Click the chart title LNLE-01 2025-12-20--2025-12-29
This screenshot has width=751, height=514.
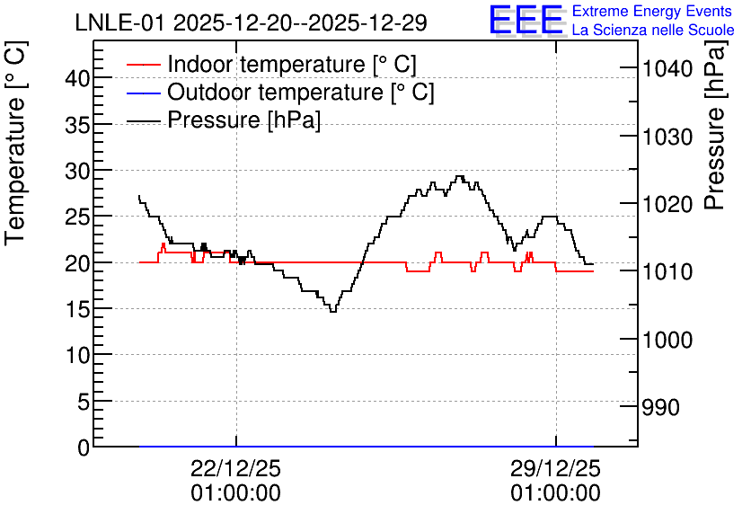[x=251, y=22]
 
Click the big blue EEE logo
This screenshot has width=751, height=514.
[x=526, y=20]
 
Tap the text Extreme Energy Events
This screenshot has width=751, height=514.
[x=652, y=11]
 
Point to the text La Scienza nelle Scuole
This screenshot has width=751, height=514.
[x=653, y=30]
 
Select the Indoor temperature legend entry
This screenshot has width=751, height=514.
[x=271, y=64]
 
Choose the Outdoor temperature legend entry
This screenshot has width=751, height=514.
[x=280, y=92]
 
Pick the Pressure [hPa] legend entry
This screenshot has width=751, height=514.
[x=223, y=120]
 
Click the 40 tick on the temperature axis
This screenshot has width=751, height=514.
[x=77, y=78]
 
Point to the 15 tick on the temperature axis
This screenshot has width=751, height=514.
[x=77, y=309]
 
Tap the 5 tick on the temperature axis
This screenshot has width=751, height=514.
[x=84, y=402]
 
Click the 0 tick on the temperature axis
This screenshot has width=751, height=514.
[x=84, y=448]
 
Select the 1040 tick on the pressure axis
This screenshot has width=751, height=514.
[x=667, y=69]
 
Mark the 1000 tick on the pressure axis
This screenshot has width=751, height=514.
[x=667, y=340]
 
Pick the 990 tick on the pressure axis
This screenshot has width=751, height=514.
[x=660, y=408]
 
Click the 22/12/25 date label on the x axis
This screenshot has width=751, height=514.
[x=235, y=468]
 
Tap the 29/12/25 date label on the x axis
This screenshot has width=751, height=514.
[x=555, y=468]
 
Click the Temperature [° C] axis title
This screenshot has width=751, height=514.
[x=15, y=143]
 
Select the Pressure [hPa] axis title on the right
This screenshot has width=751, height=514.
[x=714, y=125]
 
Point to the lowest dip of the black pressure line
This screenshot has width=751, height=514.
[x=333, y=312]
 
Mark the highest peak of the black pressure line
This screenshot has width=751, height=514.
[x=460, y=176]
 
